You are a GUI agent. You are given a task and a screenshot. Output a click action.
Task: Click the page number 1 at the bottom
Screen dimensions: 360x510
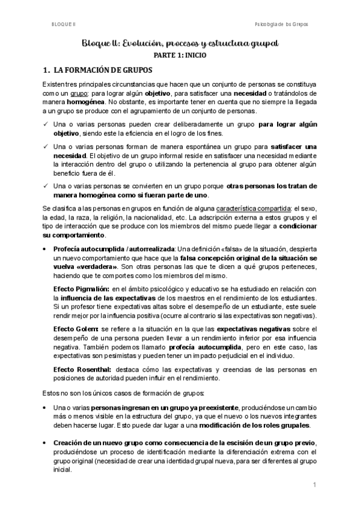tap(314, 484)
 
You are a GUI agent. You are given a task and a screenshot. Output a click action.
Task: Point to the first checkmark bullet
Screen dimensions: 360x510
tap(46, 124)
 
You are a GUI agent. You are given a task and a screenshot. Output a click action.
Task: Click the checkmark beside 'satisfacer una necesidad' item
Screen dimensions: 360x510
tap(46, 147)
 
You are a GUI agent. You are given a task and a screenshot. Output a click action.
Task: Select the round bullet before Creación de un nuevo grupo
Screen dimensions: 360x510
tap(46, 443)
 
